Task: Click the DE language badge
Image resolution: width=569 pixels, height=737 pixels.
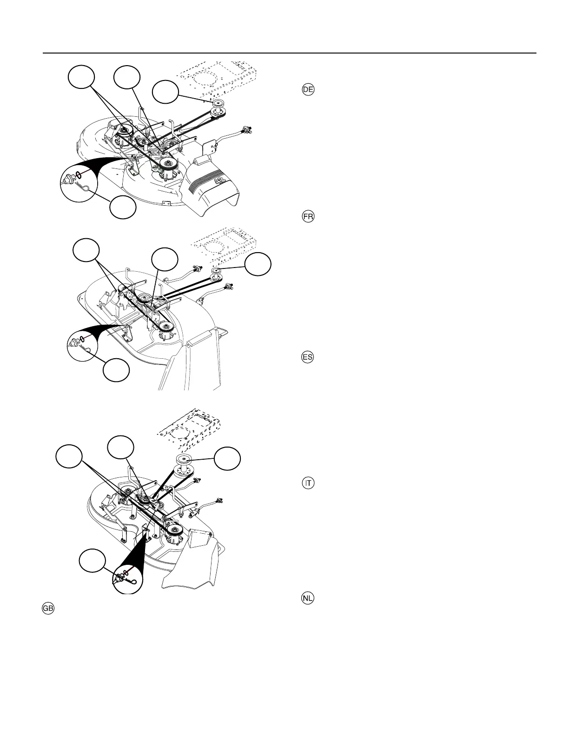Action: pyautogui.click(x=308, y=90)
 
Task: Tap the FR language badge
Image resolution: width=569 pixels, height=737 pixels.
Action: pyautogui.click(x=308, y=217)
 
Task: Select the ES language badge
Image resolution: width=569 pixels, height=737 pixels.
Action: pyautogui.click(x=308, y=357)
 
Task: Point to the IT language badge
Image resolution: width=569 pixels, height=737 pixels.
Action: pyautogui.click(x=308, y=483)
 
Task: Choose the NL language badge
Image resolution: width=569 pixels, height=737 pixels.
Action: pyautogui.click(x=308, y=598)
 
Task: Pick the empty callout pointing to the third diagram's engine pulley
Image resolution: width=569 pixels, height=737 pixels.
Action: pyautogui.click(x=227, y=459)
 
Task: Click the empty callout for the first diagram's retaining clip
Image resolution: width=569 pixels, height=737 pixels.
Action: pyautogui.click(x=123, y=208)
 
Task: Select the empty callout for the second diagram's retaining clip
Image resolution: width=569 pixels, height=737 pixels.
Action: pyautogui.click(x=116, y=370)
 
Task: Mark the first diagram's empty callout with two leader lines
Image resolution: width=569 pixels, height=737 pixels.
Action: pyautogui.click(x=81, y=77)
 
